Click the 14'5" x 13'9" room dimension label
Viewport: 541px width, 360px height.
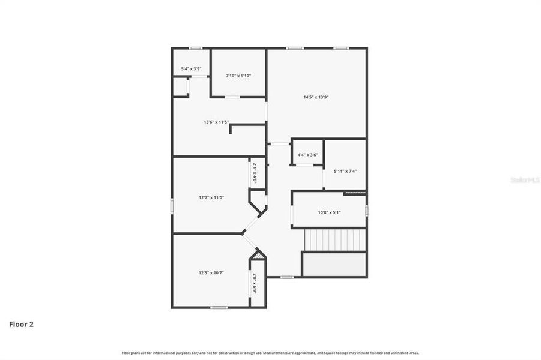click(316, 97)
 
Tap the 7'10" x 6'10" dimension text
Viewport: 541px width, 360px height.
click(238, 76)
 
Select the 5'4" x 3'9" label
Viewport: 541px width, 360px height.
click(191, 68)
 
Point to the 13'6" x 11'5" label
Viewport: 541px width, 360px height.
click(216, 122)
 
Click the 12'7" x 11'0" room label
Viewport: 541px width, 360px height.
click(211, 197)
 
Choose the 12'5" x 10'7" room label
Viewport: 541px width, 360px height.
click(211, 272)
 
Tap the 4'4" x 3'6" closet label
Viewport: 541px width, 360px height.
click(307, 155)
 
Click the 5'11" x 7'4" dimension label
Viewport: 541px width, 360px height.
click(345, 171)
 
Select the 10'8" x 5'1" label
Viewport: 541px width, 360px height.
click(329, 212)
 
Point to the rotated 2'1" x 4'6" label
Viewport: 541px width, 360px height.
click(255, 173)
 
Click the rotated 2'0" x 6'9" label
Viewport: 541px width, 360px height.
click(255, 283)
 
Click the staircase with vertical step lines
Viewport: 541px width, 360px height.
click(334, 240)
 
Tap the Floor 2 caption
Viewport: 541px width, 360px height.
click(21, 324)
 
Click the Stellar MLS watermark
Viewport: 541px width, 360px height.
click(524, 179)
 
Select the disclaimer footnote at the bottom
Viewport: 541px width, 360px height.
click(270, 353)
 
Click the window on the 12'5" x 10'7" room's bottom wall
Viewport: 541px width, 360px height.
click(219, 307)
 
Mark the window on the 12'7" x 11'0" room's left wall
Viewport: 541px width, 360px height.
click(172, 205)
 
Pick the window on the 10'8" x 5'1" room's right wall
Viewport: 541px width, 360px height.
click(366, 209)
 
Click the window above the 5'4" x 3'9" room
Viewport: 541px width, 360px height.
click(195, 48)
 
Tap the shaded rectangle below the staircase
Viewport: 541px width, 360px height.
click(334, 265)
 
